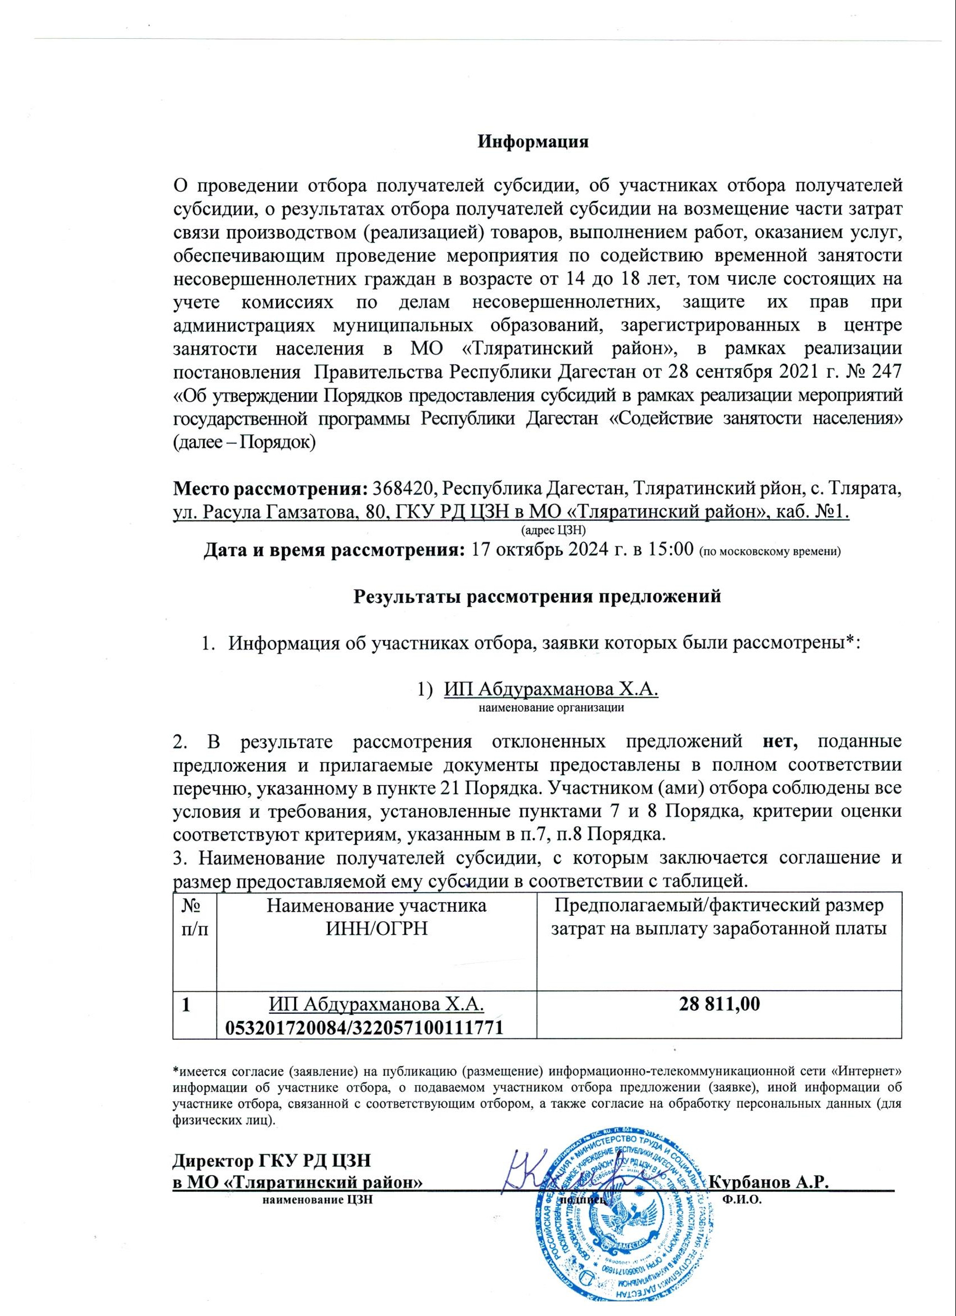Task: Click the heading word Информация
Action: pos(532,142)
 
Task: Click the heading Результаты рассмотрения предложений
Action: pos(537,597)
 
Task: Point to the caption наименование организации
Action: pos(551,708)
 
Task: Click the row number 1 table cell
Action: pos(187,1005)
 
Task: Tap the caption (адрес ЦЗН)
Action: pos(554,530)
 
